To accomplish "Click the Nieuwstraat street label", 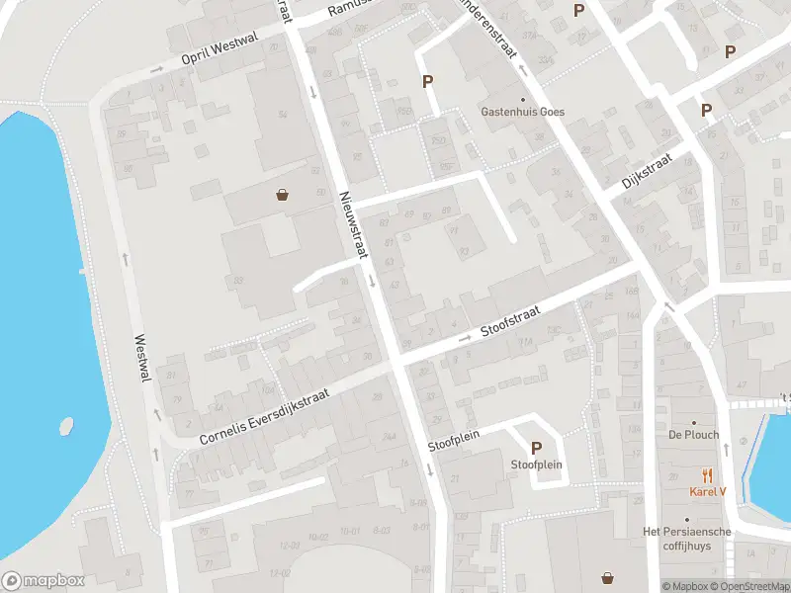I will (353, 225).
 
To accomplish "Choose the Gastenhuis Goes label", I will (523, 112).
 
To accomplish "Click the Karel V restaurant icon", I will (707, 475).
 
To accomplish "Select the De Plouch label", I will (693, 435).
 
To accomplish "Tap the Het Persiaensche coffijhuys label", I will (688, 538).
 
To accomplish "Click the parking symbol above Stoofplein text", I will (537, 448).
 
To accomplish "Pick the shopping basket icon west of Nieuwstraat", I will (284, 195).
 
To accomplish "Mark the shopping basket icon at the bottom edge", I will (606, 577).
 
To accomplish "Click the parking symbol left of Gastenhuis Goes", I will (428, 81).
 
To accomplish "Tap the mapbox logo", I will (44, 581).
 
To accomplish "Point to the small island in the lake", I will (65, 426).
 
